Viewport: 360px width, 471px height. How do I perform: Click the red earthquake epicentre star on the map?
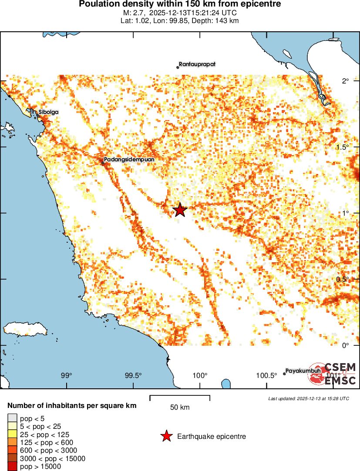pyautogui.click(x=180, y=210)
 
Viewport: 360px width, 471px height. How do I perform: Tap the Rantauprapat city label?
pyautogui.click(x=197, y=64)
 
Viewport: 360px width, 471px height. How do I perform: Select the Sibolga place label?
pyautogui.click(x=48, y=112)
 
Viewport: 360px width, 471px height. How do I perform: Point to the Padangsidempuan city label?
pyautogui.click(x=129, y=159)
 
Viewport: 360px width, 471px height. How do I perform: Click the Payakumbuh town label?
pyautogui.click(x=303, y=371)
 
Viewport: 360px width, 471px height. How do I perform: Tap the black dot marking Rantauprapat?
pyautogui.click(x=178, y=67)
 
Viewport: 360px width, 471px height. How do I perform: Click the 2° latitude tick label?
pyautogui.click(x=346, y=81)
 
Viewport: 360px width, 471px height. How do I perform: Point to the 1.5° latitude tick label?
pyautogui.click(x=343, y=147)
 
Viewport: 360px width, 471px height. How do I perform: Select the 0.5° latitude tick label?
pyautogui.click(x=343, y=279)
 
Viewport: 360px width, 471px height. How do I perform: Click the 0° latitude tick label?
pyautogui.click(x=346, y=345)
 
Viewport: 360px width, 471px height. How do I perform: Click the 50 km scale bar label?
pyautogui.click(x=179, y=408)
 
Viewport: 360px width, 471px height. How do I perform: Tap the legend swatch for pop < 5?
pyautogui.click(x=12, y=418)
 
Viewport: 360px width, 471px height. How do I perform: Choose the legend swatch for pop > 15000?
pyautogui.click(x=12, y=466)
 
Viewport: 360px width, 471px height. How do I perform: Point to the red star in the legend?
pyautogui.click(x=166, y=436)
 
